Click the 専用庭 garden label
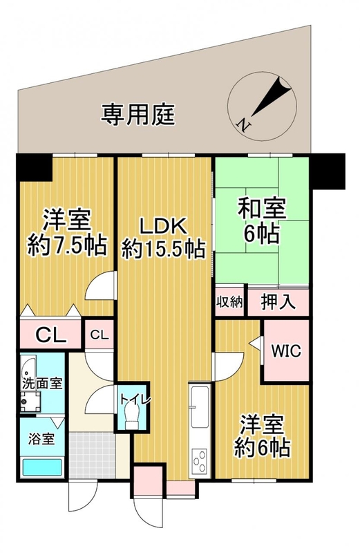point(138,115)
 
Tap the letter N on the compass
point(244,124)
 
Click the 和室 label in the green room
point(262,209)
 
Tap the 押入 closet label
point(278,302)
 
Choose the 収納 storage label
point(229,302)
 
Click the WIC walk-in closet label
point(286,351)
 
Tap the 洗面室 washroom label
point(42,384)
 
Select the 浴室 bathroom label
point(41,440)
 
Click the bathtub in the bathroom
point(42,467)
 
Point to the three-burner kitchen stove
point(199,460)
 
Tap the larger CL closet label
point(52,335)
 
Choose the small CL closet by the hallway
point(100,335)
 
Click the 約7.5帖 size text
point(67,246)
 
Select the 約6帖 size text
point(263,448)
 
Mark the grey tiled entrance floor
point(93,455)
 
